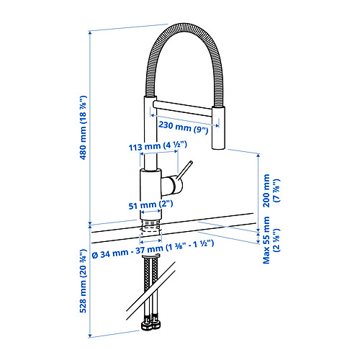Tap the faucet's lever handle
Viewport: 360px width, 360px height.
183,175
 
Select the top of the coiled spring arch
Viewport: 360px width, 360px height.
186,27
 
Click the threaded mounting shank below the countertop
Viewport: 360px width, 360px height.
150,230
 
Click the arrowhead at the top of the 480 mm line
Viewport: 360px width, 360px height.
90,32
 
